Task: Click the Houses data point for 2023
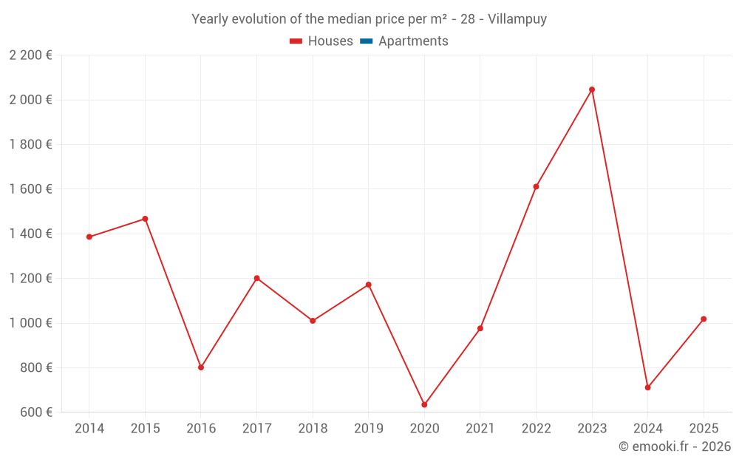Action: coord(592,89)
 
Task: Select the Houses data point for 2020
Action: coord(424,405)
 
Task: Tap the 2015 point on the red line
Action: coord(145,219)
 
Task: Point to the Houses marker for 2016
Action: coord(201,367)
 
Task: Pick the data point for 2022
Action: coord(536,186)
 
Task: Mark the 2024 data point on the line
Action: coord(647,387)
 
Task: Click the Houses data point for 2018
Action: coord(313,321)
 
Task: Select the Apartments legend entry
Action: coord(413,41)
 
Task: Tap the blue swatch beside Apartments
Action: coord(366,41)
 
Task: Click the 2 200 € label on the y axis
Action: coord(30,55)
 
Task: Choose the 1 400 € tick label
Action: coord(30,234)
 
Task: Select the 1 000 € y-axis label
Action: coord(30,323)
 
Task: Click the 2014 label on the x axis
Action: coord(89,429)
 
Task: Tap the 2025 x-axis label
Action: coord(704,429)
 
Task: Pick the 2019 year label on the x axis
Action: coord(369,429)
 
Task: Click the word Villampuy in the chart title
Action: coord(517,19)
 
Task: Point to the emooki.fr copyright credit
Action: coord(675,446)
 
